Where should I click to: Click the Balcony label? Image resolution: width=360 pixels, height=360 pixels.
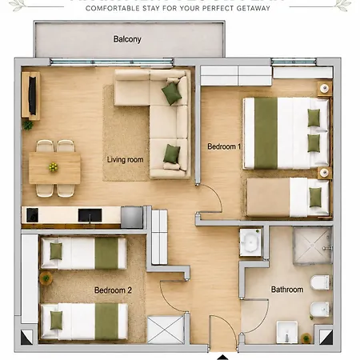pyautogui.click(x=127, y=39)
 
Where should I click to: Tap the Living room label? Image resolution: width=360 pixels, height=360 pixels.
pyautogui.click(x=125, y=159)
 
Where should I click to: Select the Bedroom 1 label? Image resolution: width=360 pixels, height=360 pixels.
pyautogui.click(x=224, y=146)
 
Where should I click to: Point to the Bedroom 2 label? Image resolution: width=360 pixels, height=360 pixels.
pyautogui.click(x=113, y=290)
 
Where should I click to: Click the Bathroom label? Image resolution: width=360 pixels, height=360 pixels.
pyautogui.click(x=287, y=290)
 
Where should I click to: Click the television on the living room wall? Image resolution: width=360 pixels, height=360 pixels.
pyautogui.click(x=33, y=95)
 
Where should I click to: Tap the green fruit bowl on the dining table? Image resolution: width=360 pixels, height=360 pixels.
pyautogui.click(x=54, y=167)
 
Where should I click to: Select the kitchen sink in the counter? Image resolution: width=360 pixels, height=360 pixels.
pyautogui.click(x=90, y=215)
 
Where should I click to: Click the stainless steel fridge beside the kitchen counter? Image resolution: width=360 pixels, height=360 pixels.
pyautogui.click(x=132, y=217)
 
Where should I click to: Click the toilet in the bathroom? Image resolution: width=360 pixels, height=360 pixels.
pyautogui.click(x=320, y=282)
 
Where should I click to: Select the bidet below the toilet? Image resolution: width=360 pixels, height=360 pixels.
pyautogui.click(x=320, y=310)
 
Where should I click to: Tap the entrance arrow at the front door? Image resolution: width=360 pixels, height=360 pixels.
pyautogui.click(x=223, y=358)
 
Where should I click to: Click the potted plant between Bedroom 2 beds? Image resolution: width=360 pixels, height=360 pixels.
pyautogui.click(x=46, y=278)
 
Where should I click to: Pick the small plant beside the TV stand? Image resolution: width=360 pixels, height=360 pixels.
pyautogui.click(x=28, y=125)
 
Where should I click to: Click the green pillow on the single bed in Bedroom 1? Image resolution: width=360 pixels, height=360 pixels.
pyautogui.click(x=315, y=198)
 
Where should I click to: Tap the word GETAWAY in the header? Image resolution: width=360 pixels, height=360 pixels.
pyautogui.click(x=254, y=8)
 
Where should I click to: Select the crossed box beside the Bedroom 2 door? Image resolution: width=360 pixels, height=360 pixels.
pyautogui.click(x=166, y=330)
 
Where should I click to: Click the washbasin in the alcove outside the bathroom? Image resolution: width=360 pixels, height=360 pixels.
pyautogui.click(x=250, y=242)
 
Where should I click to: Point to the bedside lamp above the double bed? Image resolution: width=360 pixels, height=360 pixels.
pyautogui.click(x=325, y=88)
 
